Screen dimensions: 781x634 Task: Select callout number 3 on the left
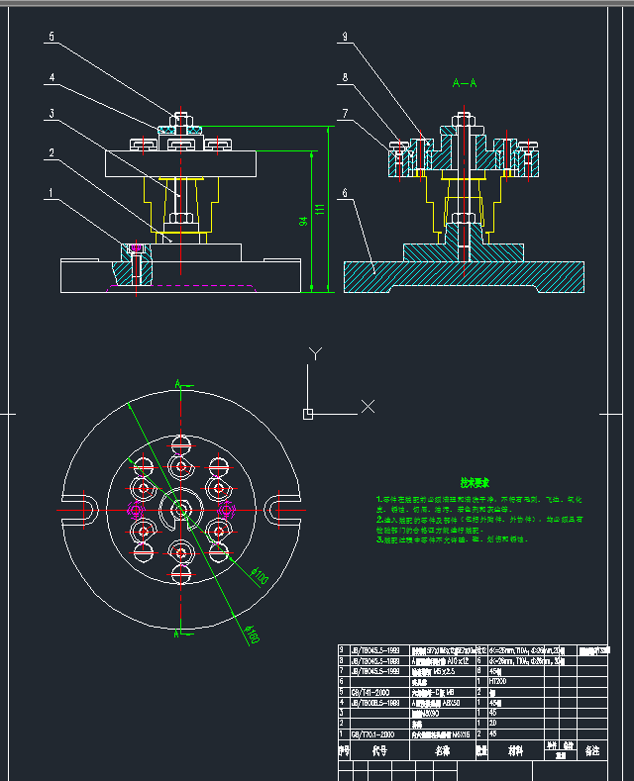click(x=50, y=115)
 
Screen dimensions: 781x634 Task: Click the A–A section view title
click(x=465, y=83)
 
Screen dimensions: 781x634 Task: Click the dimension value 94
click(x=302, y=224)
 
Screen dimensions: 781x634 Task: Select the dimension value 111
click(x=319, y=210)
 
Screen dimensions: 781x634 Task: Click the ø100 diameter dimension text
click(x=262, y=575)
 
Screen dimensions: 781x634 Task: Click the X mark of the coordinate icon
click(x=368, y=406)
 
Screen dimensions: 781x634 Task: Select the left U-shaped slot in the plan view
click(x=71, y=508)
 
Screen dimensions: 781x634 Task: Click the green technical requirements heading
click(x=447, y=483)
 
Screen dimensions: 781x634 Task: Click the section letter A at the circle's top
click(x=176, y=383)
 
